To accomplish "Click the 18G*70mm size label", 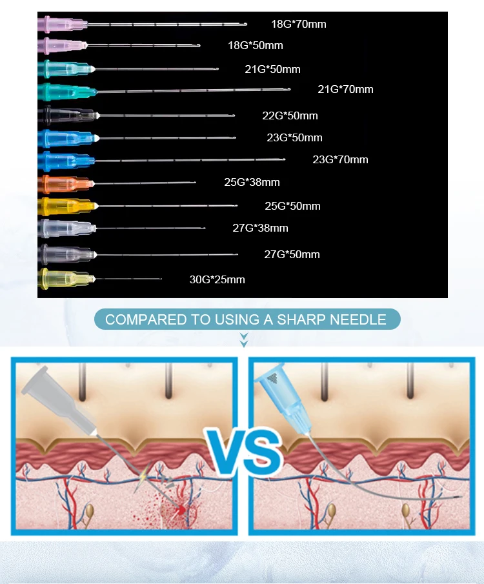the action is coord(298,25).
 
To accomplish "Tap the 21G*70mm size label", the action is coord(345,90).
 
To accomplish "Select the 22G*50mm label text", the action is coord(290,116).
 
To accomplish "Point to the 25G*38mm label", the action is coord(252,182).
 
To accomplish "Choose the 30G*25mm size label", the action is coord(217,279).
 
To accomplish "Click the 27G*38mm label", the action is coord(261,228).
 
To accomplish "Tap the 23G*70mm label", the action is coord(340,160).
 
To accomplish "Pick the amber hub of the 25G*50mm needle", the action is coord(68,206).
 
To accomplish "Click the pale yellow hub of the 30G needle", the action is coord(66,279).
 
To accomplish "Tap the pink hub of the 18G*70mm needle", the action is coord(63,25).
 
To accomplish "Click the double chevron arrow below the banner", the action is coord(244,340).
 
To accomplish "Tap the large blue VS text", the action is coord(244,452).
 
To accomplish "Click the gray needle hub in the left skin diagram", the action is coord(59,400).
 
